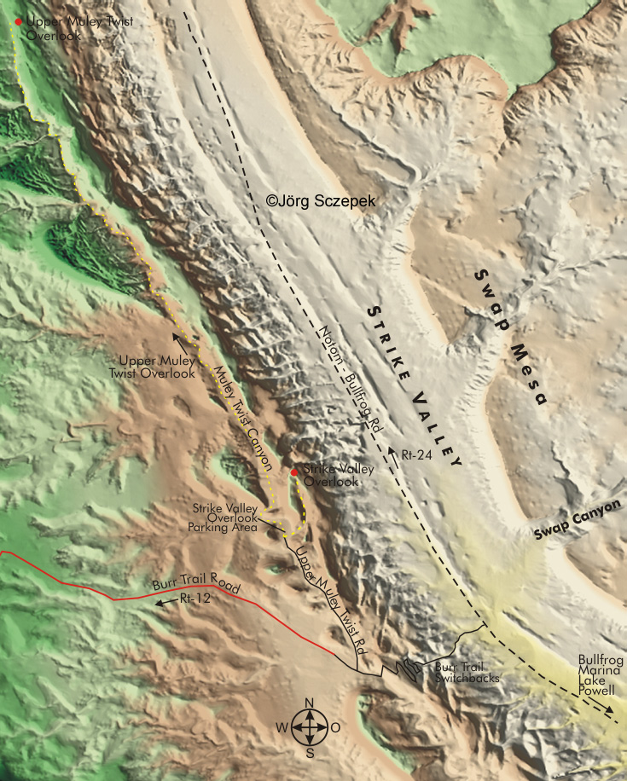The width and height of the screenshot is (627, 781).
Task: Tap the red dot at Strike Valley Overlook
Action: tap(294, 471)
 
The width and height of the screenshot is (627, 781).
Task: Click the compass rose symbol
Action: tap(310, 728)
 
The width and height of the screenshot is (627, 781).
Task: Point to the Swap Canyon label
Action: tap(579, 521)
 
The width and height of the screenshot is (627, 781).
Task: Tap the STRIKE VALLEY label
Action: tap(413, 386)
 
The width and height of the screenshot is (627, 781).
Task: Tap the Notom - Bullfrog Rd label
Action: tap(349, 382)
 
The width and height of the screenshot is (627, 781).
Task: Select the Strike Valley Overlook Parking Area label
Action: tap(224, 518)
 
